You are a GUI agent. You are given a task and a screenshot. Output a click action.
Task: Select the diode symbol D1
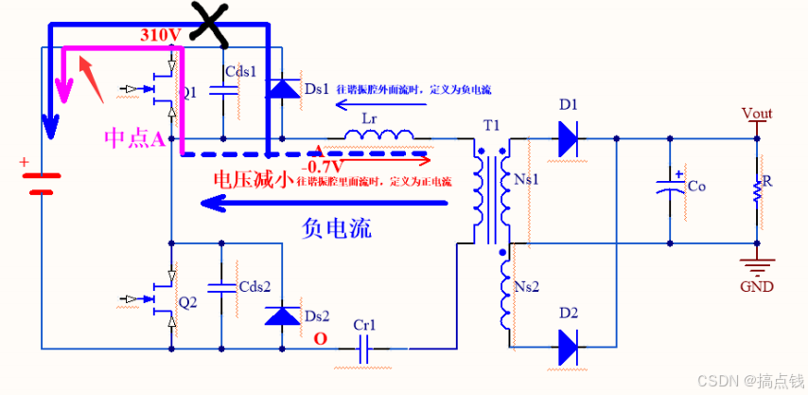pyautogui.click(x=568, y=138)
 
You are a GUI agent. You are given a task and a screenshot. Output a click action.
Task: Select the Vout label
pyautogui.click(x=757, y=114)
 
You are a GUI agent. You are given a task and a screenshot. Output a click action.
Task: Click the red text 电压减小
pyautogui.click(x=250, y=180)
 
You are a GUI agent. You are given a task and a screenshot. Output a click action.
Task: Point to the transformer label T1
pyautogui.click(x=490, y=125)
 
